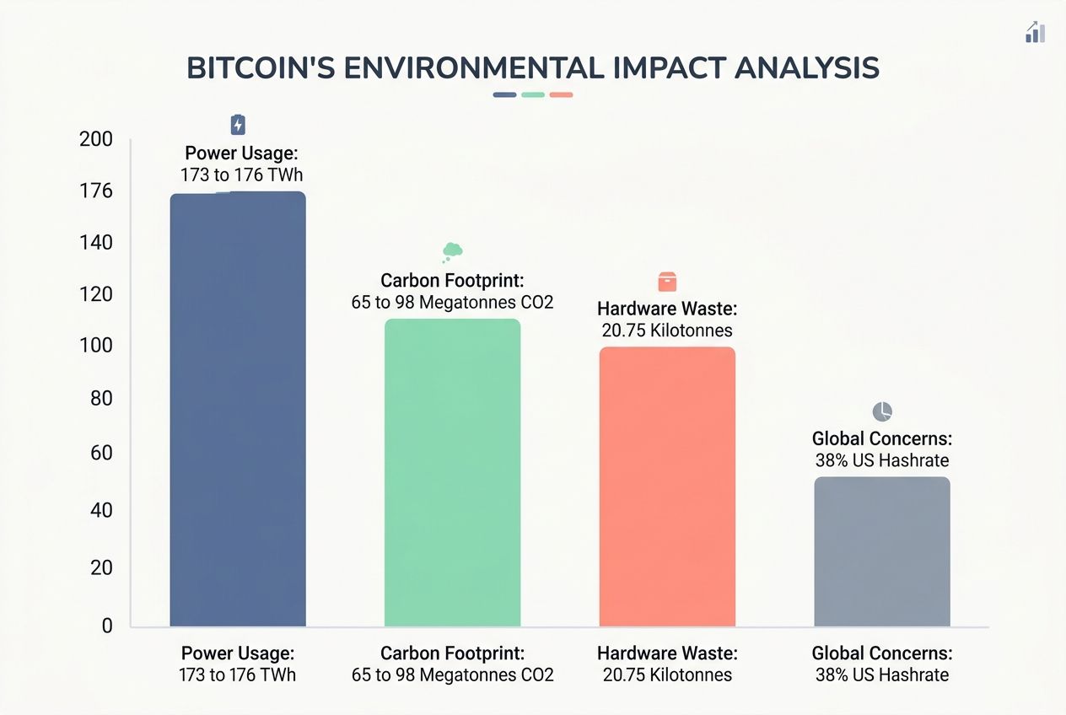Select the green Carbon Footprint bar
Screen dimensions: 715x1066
[452, 472]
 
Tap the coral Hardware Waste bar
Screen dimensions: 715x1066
[667, 487]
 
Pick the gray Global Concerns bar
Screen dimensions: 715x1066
[881, 551]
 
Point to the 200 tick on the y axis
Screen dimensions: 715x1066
[95, 139]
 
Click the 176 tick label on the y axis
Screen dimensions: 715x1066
[95, 191]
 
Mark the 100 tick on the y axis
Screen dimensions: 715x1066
[95, 346]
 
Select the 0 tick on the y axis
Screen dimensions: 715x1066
[106, 626]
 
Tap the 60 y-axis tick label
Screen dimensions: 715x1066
[100, 454]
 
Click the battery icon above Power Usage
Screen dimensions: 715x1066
[238, 126]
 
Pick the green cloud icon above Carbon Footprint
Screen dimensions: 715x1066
[452, 251]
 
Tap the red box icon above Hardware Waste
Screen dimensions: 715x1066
[667, 282]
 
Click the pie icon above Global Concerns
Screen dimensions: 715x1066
[881, 411]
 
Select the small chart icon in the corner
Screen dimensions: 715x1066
[1035, 32]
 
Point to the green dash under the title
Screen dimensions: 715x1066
[533, 94]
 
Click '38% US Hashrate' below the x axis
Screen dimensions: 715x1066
[881, 675]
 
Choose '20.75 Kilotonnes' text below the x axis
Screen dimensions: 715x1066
[667, 675]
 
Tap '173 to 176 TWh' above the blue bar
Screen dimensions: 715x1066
[241, 175]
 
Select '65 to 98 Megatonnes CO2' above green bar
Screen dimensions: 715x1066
[452, 302]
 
